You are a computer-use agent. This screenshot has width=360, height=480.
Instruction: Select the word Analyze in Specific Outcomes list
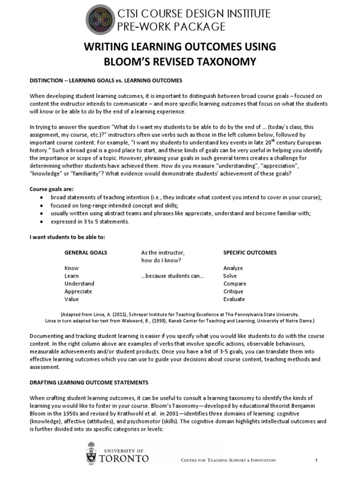233,268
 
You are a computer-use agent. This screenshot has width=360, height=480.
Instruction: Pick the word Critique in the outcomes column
234,292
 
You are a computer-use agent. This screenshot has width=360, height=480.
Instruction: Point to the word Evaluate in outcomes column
234,299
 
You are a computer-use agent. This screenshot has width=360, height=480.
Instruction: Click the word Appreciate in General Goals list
78,292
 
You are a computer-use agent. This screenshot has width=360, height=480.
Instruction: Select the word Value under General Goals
72,299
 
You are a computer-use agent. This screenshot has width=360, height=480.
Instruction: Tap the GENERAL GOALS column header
86,252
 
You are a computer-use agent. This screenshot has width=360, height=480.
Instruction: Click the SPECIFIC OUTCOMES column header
250,252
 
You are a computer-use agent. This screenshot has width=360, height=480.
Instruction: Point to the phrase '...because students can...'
172,276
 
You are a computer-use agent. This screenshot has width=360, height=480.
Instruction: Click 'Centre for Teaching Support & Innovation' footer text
228,460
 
